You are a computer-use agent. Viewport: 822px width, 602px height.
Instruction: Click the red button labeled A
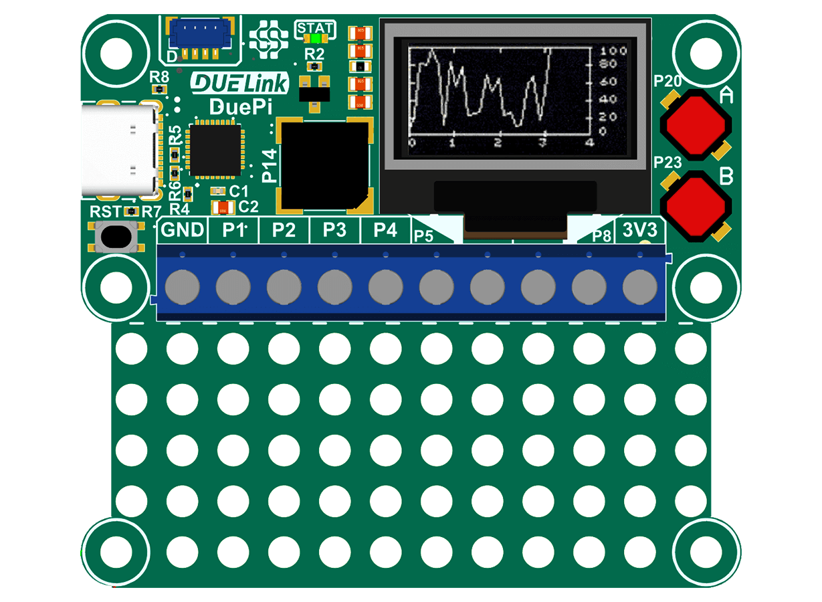pos(696,124)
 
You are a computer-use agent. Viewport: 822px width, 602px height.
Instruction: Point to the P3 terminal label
pos(334,230)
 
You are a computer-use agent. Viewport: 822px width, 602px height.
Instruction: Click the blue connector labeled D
pos(199,34)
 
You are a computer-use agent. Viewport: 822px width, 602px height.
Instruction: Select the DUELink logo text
pos(239,83)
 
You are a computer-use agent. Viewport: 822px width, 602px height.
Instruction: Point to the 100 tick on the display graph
pos(613,51)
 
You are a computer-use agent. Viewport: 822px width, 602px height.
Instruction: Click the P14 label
pos(270,167)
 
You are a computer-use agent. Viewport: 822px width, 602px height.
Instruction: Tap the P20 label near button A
pos(667,82)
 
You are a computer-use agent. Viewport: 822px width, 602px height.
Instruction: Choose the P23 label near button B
pos(667,162)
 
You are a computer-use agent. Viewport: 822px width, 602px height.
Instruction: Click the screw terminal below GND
pos(183,288)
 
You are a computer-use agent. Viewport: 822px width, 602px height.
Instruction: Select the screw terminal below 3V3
pos(640,288)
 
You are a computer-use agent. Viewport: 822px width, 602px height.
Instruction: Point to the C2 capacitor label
pos(248,207)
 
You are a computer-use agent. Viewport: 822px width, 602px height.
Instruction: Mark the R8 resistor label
pos(160,76)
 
